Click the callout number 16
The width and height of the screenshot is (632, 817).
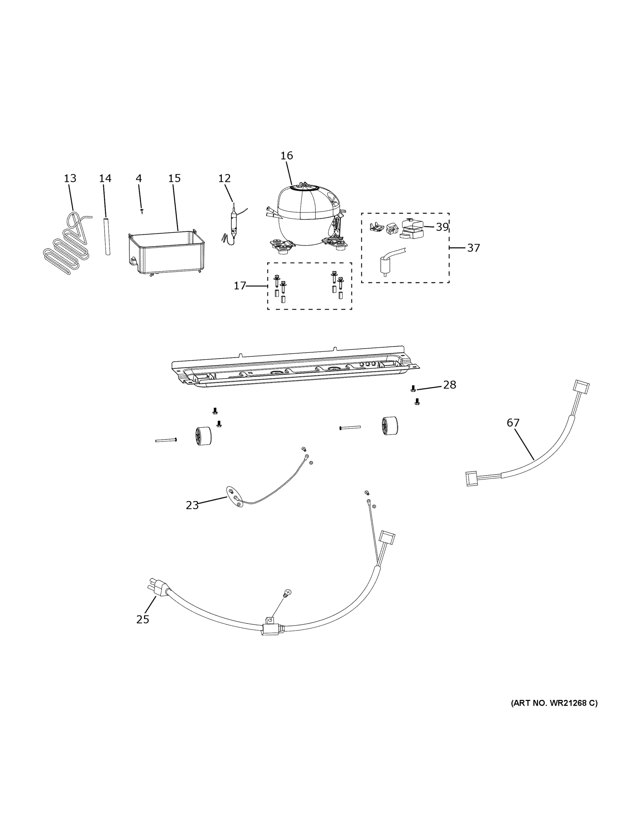point(287,156)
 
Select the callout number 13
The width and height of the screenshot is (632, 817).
point(70,178)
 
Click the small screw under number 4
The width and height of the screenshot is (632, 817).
point(142,211)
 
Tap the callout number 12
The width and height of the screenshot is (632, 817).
point(224,178)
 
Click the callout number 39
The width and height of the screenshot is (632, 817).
point(442,227)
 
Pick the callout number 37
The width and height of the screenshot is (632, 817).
point(473,248)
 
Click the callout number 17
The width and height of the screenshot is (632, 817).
point(240,286)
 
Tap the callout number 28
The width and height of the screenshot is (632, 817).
point(450,385)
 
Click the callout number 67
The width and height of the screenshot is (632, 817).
point(513,423)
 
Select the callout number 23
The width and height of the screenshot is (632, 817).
point(192,506)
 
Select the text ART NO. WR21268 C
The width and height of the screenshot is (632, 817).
point(554,703)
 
